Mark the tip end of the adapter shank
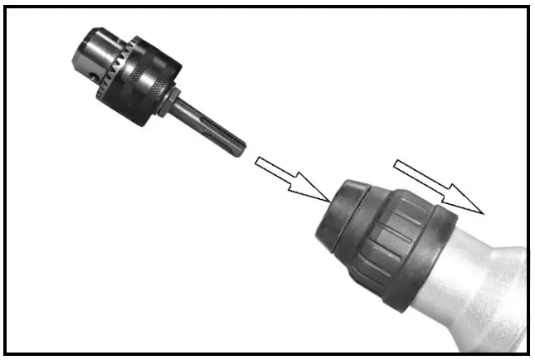coord(241,150)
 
